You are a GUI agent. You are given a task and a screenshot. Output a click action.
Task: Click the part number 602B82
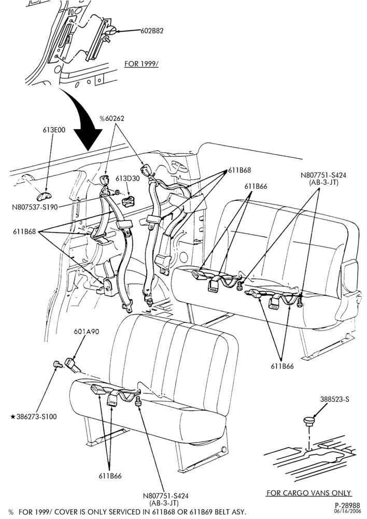pyautogui.click(x=152, y=31)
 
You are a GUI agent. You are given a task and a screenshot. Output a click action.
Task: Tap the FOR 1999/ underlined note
pyautogui.click(x=141, y=63)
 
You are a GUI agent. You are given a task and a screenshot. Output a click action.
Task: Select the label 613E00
pyautogui.click(x=54, y=130)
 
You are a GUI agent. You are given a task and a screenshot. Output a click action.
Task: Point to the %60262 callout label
pyautogui.click(x=112, y=118)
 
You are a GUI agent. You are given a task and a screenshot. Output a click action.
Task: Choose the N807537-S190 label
pyautogui.click(x=35, y=207)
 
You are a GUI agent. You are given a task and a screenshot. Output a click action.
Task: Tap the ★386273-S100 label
pyautogui.click(x=34, y=417)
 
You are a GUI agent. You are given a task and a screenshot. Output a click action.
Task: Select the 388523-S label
pyautogui.click(x=334, y=399)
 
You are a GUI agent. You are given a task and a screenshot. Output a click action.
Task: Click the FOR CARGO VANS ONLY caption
pyautogui.click(x=309, y=493)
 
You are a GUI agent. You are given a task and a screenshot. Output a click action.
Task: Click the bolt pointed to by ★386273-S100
pyautogui.click(x=57, y=365)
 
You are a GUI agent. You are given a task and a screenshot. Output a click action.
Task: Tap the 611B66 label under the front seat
pyautogui.click(x=110, y=476)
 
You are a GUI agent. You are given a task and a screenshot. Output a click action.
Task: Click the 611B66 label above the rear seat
pyautogui.click(x=256, y=186)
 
